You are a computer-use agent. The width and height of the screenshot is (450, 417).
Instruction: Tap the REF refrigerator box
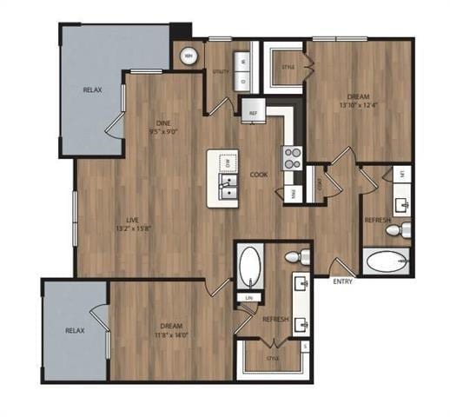tap(253, 113)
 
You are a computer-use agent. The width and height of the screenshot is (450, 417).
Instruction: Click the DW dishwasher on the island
tap(228, 163)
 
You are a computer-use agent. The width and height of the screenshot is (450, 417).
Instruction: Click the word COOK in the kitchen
tap(259, 175)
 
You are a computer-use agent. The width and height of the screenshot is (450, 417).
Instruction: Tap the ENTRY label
tap(343, 281)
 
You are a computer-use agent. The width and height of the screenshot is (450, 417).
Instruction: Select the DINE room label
tap(162, 122)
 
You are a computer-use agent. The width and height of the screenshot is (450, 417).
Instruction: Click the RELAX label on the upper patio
tap(93, 89)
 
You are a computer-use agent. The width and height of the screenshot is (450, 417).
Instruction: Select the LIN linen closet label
tap(249, 298)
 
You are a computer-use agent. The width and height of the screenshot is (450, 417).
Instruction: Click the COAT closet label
tap(321, 183)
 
